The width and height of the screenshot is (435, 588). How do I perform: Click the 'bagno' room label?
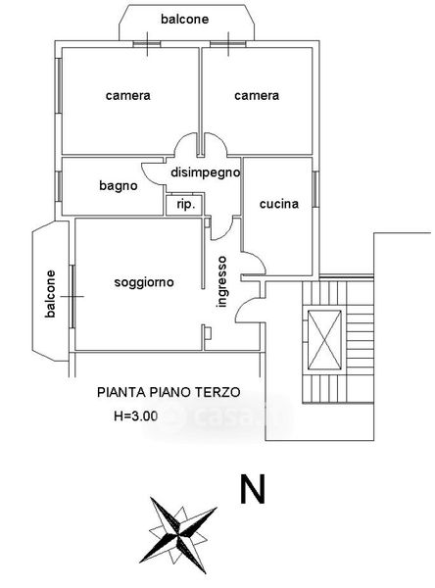click(x=119, y=185)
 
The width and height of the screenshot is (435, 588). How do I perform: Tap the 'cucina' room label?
click(x=279, y=204)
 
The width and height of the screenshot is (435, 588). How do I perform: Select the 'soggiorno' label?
click(x=144, y=282)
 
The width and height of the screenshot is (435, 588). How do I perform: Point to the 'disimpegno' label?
click(x=205, y=172)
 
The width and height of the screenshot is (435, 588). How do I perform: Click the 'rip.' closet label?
click(x=186, y=205)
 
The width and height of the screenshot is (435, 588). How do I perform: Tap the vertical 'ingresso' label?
click(x=222, y=281)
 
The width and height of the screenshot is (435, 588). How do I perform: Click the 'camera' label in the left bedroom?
click(x=128, y=95)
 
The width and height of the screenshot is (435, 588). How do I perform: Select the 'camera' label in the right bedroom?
click(x=257, y=95)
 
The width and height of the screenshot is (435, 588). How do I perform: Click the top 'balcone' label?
click(x=184, y=20)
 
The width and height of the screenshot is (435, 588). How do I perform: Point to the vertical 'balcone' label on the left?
click(x=50, y=294)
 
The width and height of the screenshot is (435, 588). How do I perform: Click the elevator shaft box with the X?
click(x=324, y=340)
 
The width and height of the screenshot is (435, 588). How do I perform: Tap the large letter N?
click(x=253, y=489)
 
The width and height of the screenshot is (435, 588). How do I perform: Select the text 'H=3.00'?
click(x=136, y=416)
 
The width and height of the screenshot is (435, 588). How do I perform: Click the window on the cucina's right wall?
click(x=315, y=189)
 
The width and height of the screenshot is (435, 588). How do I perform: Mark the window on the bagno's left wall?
click(x=59, y=186)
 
